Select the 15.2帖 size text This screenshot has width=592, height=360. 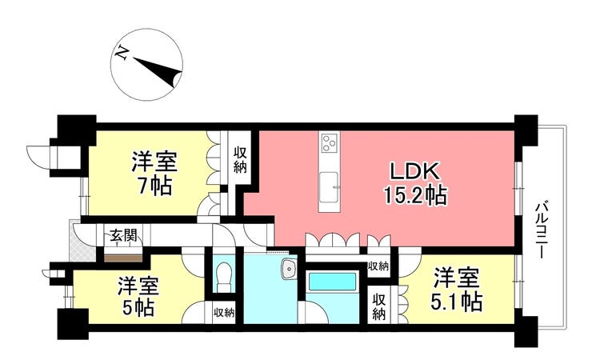click(x=416, y=195)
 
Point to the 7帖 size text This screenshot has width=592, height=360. click(x=154, y=186)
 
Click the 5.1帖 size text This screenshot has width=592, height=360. click(x=457, y=302)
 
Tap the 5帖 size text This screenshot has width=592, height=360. click(x=138, y=308)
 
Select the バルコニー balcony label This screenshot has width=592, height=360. click(x=541, y=230)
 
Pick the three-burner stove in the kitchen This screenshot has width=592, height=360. click(x=330, y=143)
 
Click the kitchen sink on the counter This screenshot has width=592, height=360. click(x=329, y=187)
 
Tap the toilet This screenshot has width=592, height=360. click(x=224, y=277)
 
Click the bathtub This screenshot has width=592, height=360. click(x=332, y=282)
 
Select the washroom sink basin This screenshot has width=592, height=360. click(x=290, y=270)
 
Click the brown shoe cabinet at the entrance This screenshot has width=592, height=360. click(x=123, y=258)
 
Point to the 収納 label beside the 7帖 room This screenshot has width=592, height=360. click(x=240, y=160)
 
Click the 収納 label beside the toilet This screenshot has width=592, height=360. click(x=224, y=313)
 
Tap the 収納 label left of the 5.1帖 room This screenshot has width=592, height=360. click(x=378, y=306)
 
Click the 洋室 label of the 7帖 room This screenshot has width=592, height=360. click(x=154, y=162)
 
